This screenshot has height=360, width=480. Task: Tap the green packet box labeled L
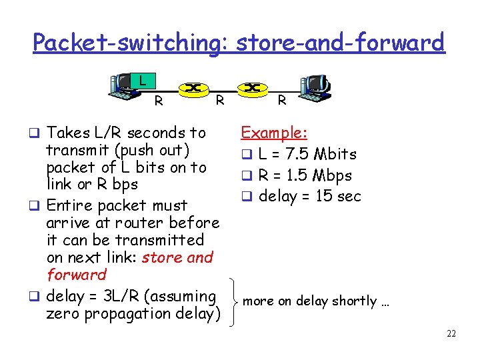(x=142, y=81)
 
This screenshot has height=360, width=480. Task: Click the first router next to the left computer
(x=193, y=88)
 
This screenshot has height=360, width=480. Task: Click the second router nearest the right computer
(x=252, y=88)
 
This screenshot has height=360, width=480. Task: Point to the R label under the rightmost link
(x=282, y=101)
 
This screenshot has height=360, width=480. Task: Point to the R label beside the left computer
(x=159, y=102)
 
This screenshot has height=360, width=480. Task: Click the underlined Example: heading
(x=274, y=133)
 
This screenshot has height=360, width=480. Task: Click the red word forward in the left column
(x=77, y=275)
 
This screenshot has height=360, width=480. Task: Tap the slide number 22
(x=451, y=333)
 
